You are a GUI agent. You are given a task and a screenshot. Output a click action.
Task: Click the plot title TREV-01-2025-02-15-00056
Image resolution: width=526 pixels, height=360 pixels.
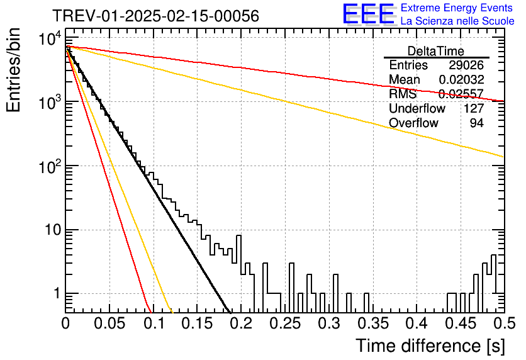click(155, 16)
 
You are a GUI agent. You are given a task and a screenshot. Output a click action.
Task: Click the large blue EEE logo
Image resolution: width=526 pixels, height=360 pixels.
click(368, 14)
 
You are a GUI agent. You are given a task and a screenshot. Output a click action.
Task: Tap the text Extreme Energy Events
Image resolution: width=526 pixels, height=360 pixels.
click(456, 8)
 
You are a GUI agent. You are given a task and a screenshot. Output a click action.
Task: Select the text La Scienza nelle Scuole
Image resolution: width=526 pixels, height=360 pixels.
click(457, 21)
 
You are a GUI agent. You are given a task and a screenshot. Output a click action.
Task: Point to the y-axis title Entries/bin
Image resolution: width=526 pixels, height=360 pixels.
click(14, 70)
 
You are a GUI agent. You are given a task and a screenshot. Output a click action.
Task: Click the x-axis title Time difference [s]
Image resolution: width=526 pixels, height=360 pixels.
click(430, 346)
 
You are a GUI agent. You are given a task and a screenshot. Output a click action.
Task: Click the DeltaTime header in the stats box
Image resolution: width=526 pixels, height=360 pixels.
click(436, 51)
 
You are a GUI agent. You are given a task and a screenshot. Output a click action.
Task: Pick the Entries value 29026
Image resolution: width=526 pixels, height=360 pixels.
click(466, 65)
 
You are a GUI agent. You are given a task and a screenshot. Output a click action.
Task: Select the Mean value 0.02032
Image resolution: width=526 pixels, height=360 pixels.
click(461, 79)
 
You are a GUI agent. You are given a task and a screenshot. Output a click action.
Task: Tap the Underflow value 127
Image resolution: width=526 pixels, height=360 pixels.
click(474, 108)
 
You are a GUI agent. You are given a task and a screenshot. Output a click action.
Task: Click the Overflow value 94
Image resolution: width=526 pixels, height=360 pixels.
click(477, 123)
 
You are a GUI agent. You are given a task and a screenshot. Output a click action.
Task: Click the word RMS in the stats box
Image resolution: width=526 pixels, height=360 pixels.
click(403, 94)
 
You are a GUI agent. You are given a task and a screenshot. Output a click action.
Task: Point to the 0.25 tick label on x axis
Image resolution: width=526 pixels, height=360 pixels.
click(285, 323)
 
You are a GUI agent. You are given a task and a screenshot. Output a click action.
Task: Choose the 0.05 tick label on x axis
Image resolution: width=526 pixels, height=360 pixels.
click(109, 323)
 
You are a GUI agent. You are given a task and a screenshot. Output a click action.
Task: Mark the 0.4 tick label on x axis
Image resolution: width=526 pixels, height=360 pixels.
click(417, 323)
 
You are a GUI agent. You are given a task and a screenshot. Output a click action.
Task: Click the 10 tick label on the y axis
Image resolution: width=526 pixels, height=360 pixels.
click(52, 230)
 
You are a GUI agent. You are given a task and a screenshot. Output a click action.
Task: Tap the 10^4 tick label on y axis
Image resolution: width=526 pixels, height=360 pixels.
click(50, 38)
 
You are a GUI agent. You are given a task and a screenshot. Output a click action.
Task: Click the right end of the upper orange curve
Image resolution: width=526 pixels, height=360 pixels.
click(504, 157)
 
